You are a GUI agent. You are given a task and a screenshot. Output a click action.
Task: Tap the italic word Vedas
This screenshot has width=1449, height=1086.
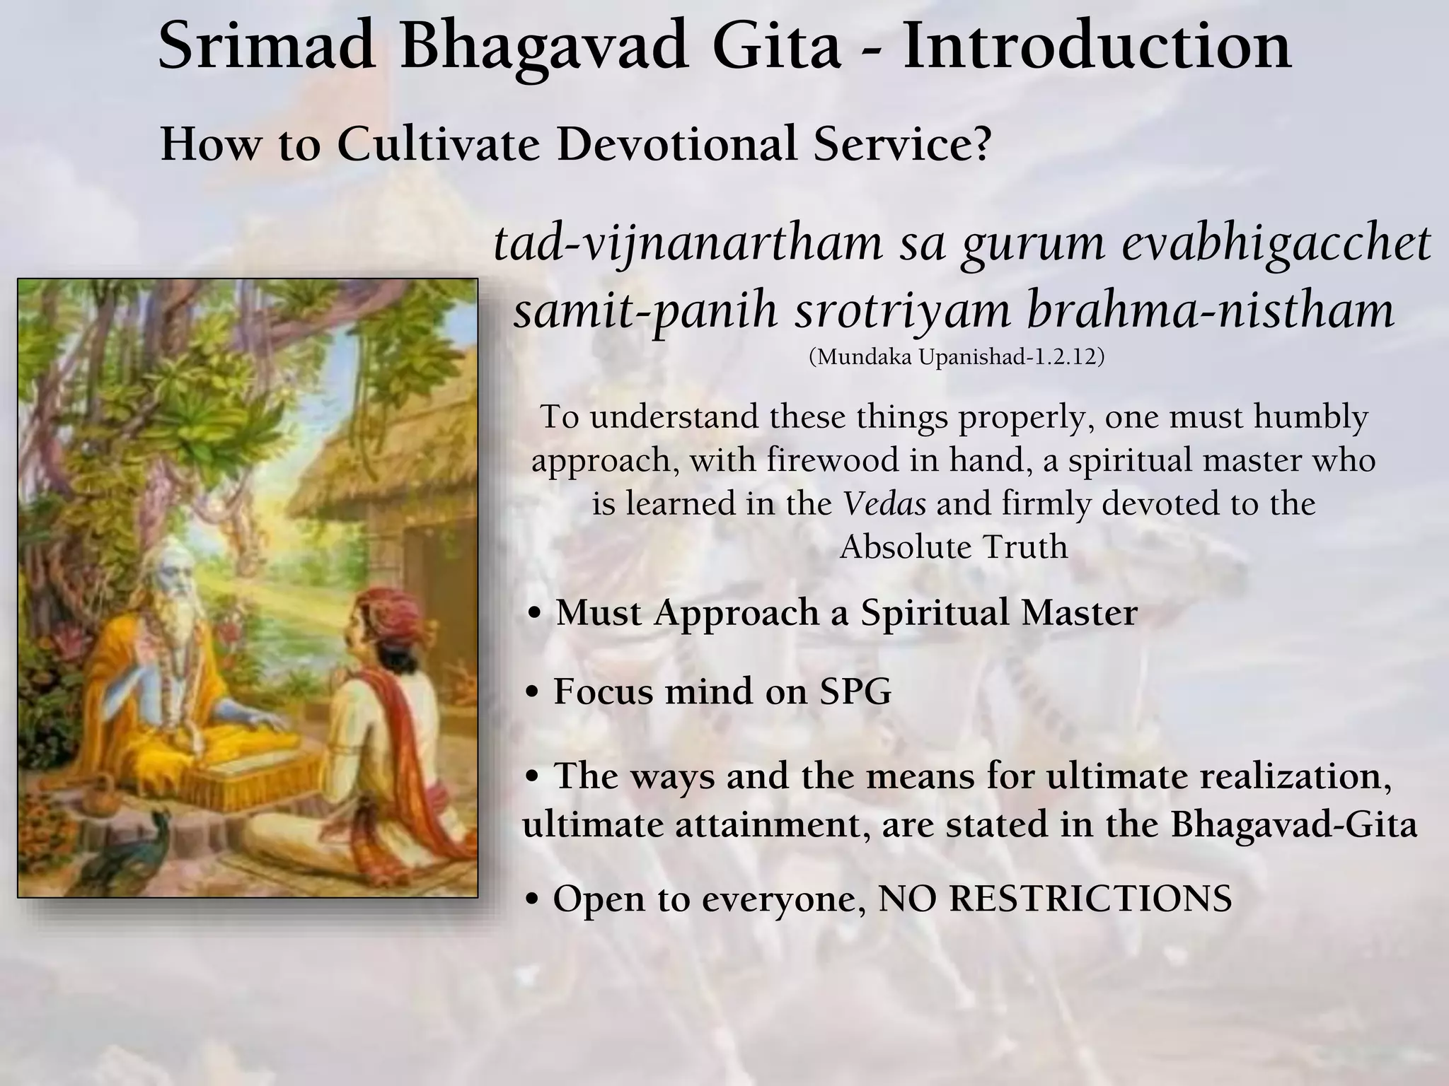884,504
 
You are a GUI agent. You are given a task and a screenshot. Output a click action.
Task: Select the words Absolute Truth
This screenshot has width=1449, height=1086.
954,547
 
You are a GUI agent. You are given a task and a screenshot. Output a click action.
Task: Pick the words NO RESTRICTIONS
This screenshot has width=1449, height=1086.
1054,899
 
